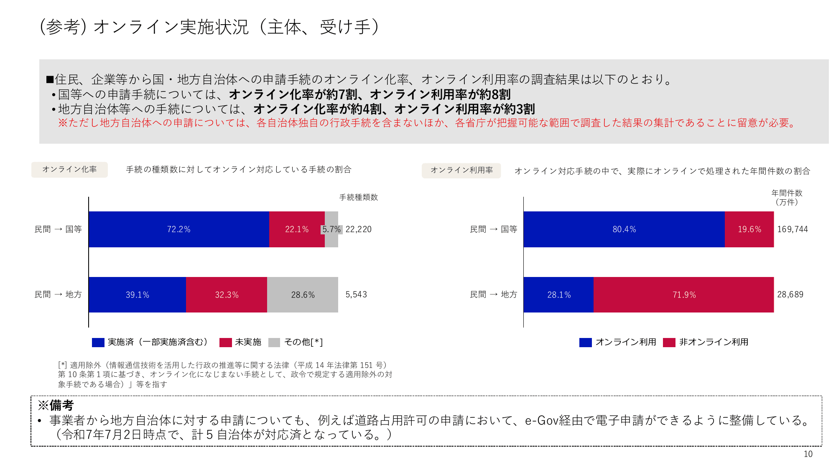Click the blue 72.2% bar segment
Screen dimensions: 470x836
[179, 229]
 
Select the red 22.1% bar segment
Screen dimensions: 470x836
[297, 229]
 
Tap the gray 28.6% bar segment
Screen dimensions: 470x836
[303, 295]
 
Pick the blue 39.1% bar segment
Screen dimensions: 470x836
[137, 295]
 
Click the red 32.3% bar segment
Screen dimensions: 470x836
[227, 295]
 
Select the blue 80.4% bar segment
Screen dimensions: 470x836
[624, 229]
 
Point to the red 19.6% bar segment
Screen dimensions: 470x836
[749, 229]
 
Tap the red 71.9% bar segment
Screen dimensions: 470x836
[684, 295]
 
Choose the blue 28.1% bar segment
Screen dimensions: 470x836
[558, 295]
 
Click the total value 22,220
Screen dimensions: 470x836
[358, 229]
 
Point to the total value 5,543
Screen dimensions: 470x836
[356, 295]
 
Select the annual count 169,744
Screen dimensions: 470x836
[793, 229]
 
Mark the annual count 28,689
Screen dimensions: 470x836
[790, 295]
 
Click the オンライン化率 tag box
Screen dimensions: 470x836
[69, 170]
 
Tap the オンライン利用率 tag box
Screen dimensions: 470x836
[461, 170]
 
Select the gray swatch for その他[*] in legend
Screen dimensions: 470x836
[274, 343]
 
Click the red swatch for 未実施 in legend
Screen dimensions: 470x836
[226, 343]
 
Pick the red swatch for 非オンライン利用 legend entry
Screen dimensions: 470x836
[669, 343]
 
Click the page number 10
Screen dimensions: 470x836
[808, 454]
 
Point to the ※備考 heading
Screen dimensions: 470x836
[56, 405]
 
